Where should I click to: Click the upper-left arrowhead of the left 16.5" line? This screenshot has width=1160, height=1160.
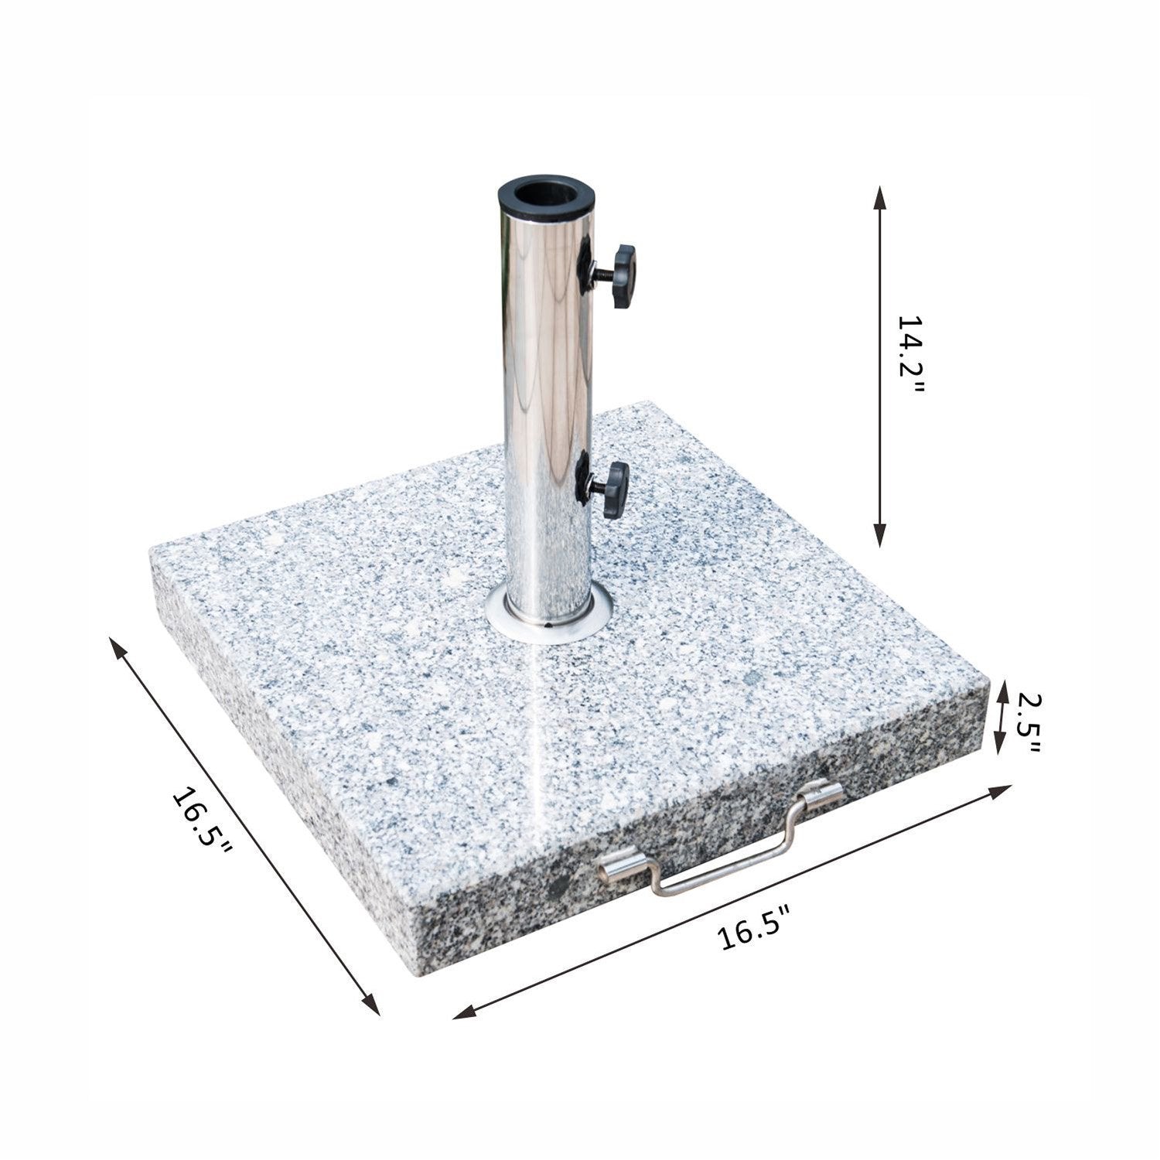pyautogui.click(x=118, y=647)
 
